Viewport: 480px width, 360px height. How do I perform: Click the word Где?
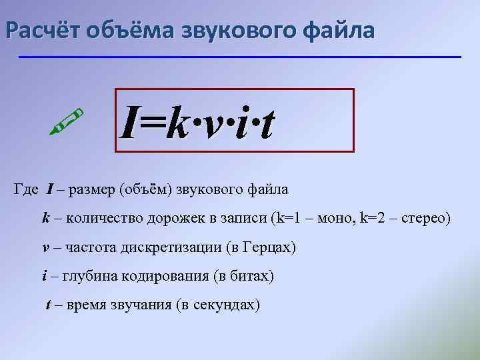pyautogui.click(x=27, y=190)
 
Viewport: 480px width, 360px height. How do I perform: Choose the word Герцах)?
pyautogui.click(x=269, y=247)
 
